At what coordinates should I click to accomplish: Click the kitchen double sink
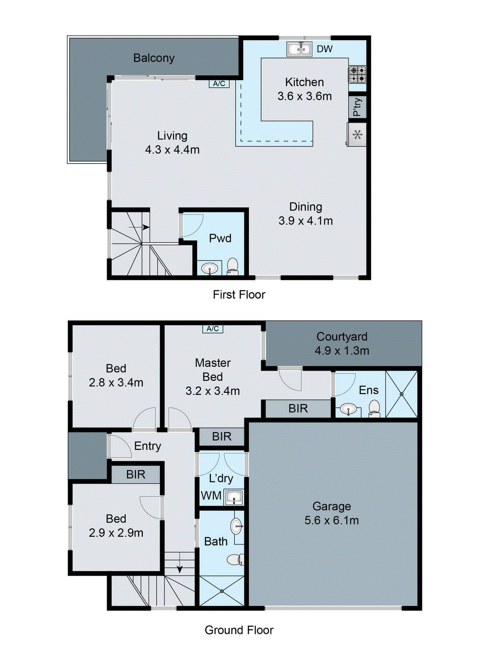tap(298, 49)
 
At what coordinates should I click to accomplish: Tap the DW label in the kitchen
tap(324, 49)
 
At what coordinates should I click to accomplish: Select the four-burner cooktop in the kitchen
tap(358, 74)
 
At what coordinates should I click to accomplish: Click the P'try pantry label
tap(357, 107)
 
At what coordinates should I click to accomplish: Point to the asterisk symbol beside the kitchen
tap(358, 134)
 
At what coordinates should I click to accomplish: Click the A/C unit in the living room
tap(219, 84)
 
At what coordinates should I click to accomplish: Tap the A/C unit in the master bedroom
tap(213, 329)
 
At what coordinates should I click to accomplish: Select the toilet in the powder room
tap(232, 266)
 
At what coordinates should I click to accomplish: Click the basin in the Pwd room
tap(210, 269)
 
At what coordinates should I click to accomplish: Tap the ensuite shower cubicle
tap(401, 394)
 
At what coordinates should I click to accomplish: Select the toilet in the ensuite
tap(374, 408)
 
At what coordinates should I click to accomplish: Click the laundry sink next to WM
tap(234, 497)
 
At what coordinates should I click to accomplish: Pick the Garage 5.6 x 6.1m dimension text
tap(331, 520)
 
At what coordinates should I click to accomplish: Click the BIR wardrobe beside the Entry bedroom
tap(136, 474)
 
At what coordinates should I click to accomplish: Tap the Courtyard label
tap(342, 337)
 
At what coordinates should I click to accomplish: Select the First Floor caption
tap(239, 294)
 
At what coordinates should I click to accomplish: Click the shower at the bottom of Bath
tap(221, 591)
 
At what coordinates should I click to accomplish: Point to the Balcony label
tap(154, 58)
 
